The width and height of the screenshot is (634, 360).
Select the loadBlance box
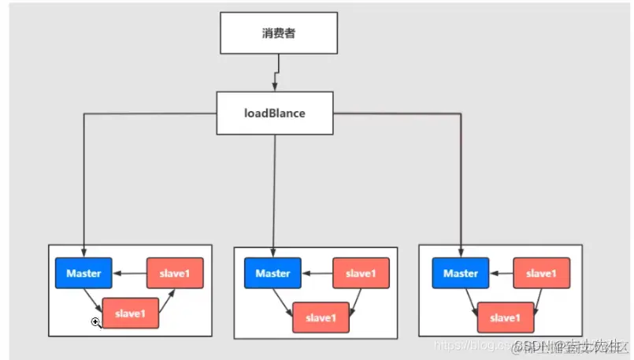(x=275, y=113)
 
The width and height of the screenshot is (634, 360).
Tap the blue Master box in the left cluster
(x=83, y=273)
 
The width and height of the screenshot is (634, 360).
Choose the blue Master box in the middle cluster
(x=273, y=273)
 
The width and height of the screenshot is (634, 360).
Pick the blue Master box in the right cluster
(x=461, y=273)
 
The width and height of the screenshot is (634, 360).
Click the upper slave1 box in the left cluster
(x=175, y=273)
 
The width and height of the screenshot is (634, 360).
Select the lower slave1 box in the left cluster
(x=131, y=314)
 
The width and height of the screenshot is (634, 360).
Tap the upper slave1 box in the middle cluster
(x=361, y=273)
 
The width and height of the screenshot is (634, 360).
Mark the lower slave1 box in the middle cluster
(x=321, y=317)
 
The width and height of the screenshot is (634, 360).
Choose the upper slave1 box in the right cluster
(x=542, y=273)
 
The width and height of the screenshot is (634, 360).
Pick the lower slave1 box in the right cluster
(x=503, y=317)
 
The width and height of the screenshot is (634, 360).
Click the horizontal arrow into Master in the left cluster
(x=129, y=273)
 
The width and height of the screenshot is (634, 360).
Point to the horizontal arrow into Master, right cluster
(x=501, y=273)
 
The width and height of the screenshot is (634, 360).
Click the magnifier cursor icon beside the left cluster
(x=95, y=322)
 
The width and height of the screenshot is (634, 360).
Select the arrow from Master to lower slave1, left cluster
(x=95, y=300)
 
